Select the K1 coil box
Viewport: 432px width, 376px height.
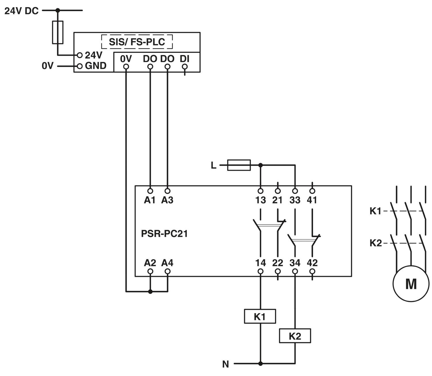260,316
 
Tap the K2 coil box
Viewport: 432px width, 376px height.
295,336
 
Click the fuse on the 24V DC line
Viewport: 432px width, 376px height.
58,32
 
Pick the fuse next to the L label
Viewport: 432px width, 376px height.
239,165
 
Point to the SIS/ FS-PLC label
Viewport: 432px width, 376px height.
137,42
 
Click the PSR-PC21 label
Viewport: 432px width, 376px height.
164,234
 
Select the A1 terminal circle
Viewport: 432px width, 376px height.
150,191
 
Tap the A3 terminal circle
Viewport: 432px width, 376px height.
167,191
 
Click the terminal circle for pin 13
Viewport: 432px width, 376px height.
261,191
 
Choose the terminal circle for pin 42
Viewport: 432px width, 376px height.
312,271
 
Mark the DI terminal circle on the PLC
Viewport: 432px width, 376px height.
185,67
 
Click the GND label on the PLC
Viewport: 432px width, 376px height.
96,66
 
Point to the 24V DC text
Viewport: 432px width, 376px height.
22,11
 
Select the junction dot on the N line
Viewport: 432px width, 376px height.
261,364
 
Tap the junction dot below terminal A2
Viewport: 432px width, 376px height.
150,292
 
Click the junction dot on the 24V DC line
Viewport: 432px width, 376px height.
58,10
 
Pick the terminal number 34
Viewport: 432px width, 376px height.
295,263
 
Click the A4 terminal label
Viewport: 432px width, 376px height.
167,263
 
